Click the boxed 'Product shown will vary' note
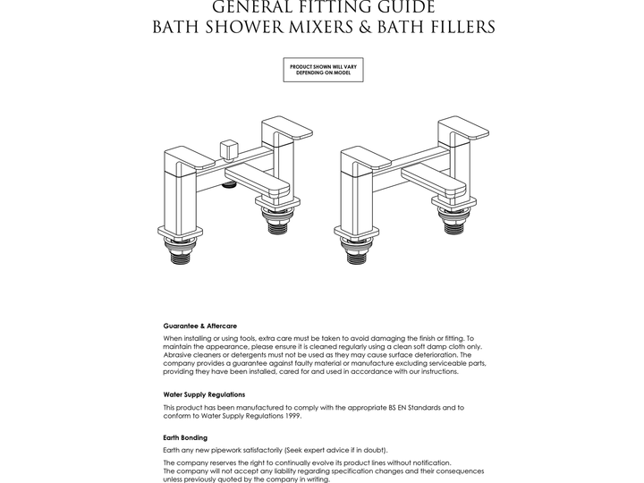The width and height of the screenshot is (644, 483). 323,69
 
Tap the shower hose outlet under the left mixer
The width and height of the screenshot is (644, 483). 230,185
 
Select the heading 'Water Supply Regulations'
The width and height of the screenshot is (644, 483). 204,394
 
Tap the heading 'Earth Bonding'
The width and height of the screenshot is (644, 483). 185,437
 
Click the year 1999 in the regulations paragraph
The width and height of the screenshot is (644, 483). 292,415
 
